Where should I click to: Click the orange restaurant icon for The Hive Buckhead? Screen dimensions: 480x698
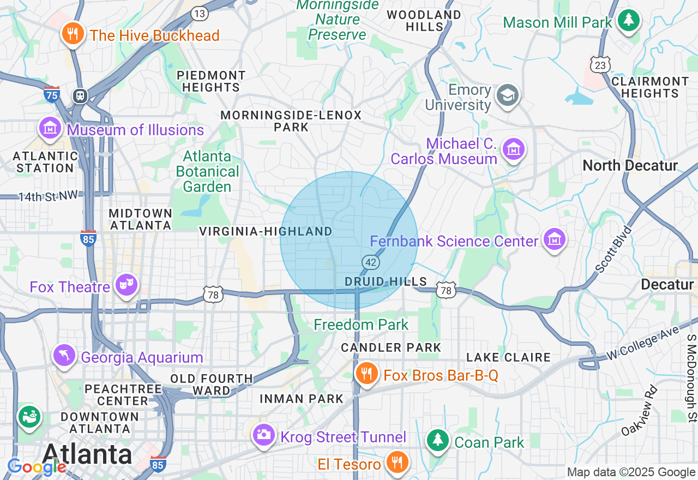click(72, 34)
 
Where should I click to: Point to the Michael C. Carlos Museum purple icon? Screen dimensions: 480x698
click(513, 149)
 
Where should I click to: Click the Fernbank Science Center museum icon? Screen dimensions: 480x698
click(554, 240)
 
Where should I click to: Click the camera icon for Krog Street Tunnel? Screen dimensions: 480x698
click(264, 435)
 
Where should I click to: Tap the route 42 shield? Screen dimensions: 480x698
click(371, 262)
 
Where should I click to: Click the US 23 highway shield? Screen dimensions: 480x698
click(600, 65)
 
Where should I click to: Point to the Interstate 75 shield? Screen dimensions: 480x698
click(52, 94)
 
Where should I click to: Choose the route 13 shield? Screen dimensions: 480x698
click(200, 14)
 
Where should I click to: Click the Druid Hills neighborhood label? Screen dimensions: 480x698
click(386, 281)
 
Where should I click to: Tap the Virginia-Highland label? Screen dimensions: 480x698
click(266, 231)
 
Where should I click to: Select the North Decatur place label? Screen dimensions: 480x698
click(630, 165)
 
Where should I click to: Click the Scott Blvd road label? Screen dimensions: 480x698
click(613, 249)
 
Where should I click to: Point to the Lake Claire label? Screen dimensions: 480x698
click(508, 357)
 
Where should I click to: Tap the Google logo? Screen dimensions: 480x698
click(37, 467)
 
